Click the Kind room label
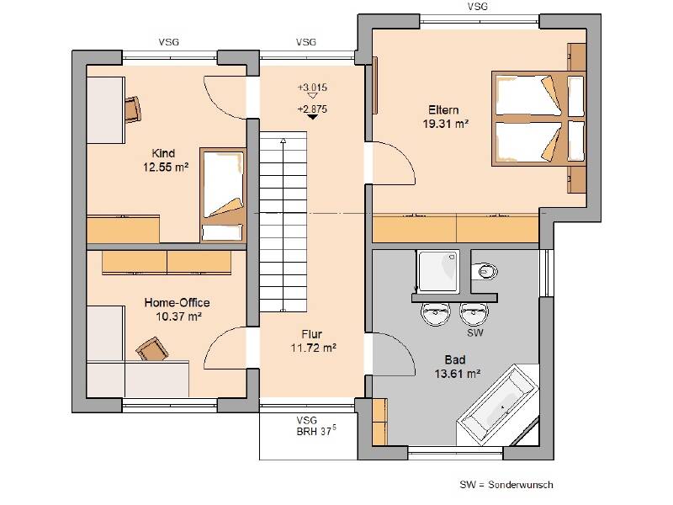tap(163, 153)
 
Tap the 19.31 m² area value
tap(445, 124)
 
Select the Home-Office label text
tap(177, 303)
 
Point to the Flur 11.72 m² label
tap(313, 341)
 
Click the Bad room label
tap(455, 360)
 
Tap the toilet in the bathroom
tap(485, 271)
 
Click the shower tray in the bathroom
tap(438, 271)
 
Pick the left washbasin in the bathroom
tap(435, 314)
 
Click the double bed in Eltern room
tap(538, 119)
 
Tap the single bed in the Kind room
tap(223, 195)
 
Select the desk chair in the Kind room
tap(133, 109)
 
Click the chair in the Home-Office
tap(152, 349)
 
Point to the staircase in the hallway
tap(283, 221)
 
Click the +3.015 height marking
tap(312, 88)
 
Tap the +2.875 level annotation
tap(312, 109)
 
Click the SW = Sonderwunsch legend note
tap(506, 485)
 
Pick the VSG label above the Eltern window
tap(477, 7)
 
